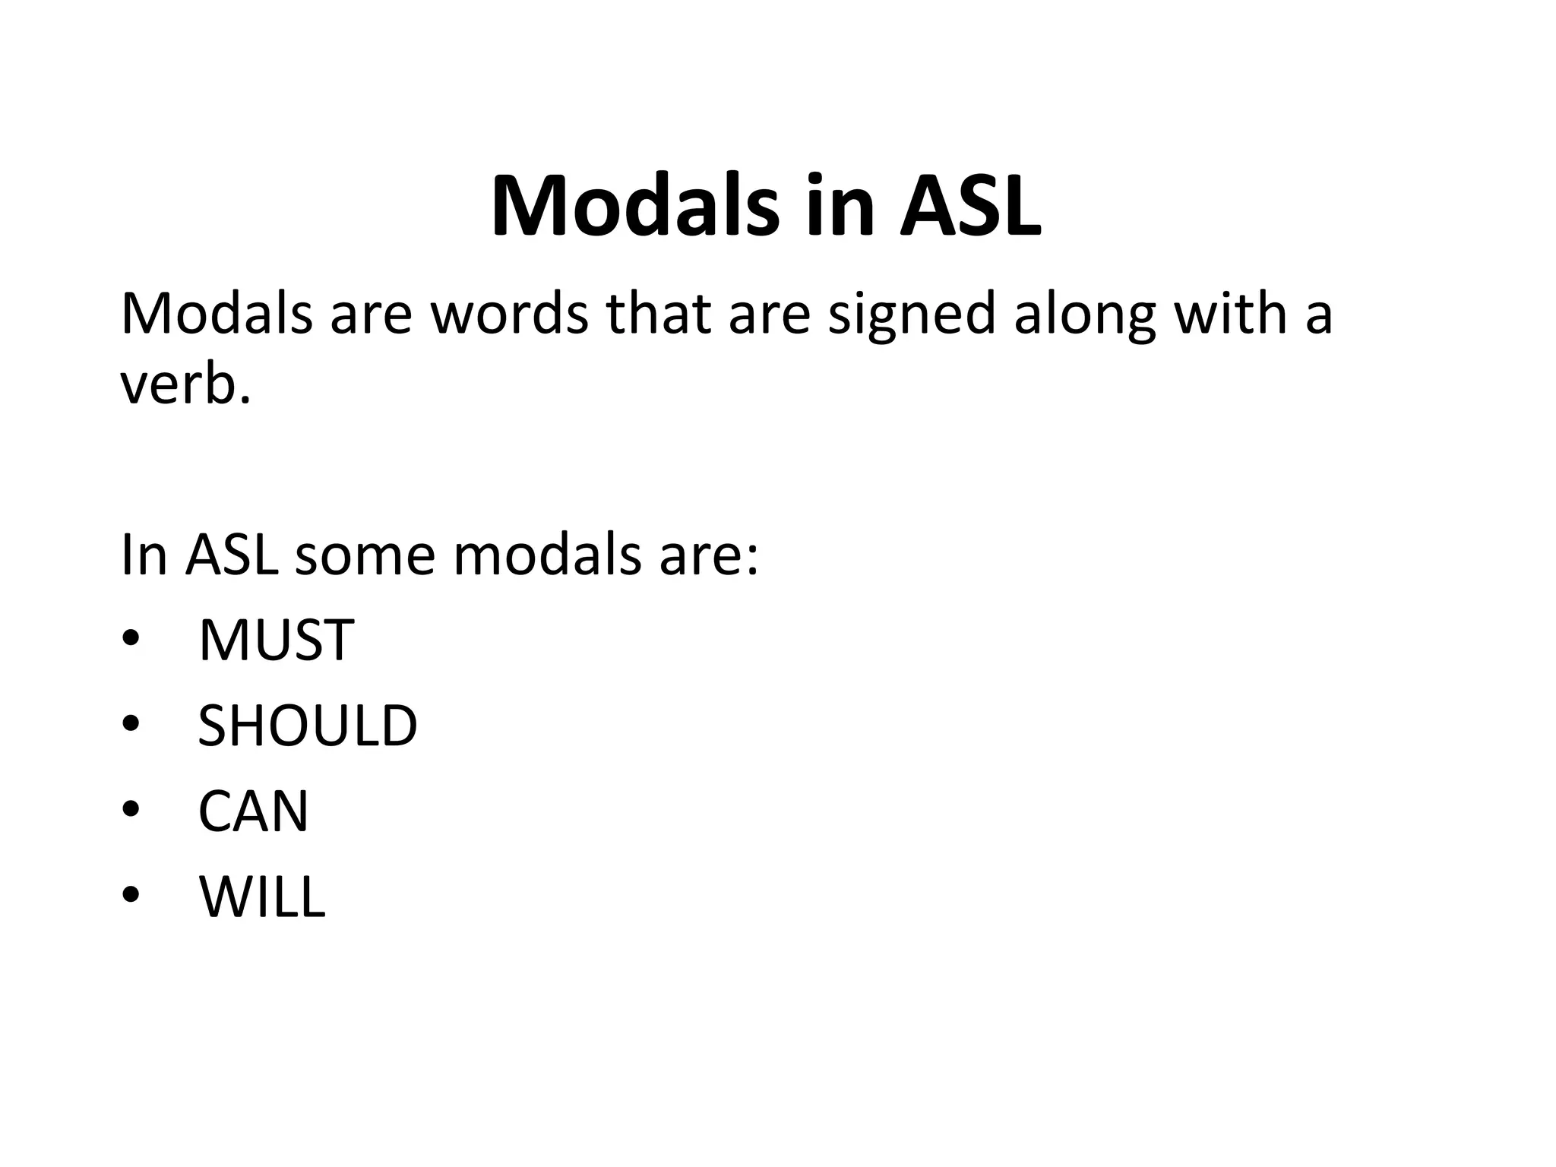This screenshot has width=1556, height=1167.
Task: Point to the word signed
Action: tap(911, 315)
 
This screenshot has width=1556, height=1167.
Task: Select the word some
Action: tap(365, 555)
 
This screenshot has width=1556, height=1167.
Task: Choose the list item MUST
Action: tap(276, 640)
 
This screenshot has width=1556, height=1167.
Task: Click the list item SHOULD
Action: tap(307, 726)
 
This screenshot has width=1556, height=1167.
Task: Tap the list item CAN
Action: tap(253, 811)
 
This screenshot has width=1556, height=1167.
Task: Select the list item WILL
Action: tap(262, 897)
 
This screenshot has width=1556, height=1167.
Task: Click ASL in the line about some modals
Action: tap(231, 555)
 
